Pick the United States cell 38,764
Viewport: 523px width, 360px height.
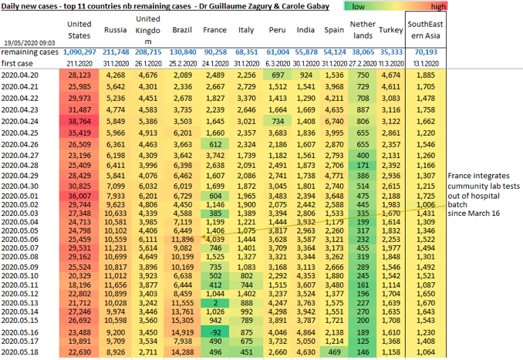tap(79, 121)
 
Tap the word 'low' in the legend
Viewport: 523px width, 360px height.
tap(358, 6)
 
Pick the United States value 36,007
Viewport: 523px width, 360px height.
tap(79, 195)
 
